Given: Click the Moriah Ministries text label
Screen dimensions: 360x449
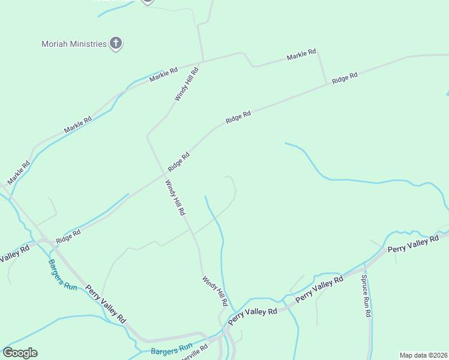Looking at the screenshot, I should [x=74, y=44].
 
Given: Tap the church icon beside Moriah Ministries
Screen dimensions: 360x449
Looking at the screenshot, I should [x=116, y=43].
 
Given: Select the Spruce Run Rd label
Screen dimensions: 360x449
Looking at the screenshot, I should [x=366, y=296].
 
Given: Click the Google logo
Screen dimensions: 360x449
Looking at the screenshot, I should [x=20, y=353].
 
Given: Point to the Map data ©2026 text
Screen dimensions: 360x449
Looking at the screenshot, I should [x=424, y=355].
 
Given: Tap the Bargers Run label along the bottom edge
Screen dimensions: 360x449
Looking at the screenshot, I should [x=171, y=349].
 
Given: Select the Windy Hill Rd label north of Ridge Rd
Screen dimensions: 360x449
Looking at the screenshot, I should [x=186, y=85].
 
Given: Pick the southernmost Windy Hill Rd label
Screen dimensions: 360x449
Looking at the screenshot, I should [x=214, y=291].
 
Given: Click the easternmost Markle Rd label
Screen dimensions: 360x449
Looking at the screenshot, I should [x=301, y=56].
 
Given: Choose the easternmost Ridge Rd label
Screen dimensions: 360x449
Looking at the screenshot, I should [x=345, y=77].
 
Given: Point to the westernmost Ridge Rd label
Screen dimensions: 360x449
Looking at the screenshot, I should [x=68, y=236].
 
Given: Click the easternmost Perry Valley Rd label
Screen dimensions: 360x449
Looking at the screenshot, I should [x=413, y=245].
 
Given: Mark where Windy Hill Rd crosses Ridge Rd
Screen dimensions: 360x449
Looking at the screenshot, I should [x=164, y=175].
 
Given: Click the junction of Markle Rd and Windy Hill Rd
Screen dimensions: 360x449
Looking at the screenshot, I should [x=203, y=61].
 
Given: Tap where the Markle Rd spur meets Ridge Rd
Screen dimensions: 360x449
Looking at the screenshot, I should [x=327, y=84].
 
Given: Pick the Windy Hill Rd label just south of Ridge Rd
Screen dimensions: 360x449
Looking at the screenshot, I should [x=175, y=198].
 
